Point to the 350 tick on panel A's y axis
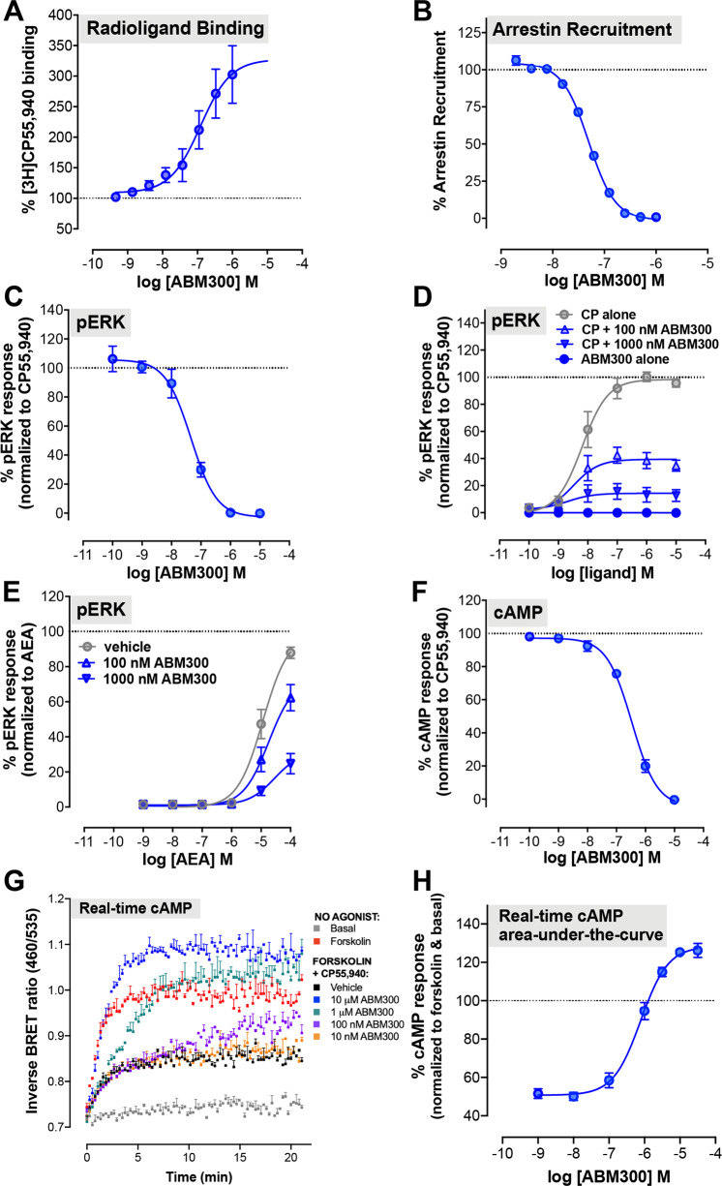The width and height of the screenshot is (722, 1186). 67,46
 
